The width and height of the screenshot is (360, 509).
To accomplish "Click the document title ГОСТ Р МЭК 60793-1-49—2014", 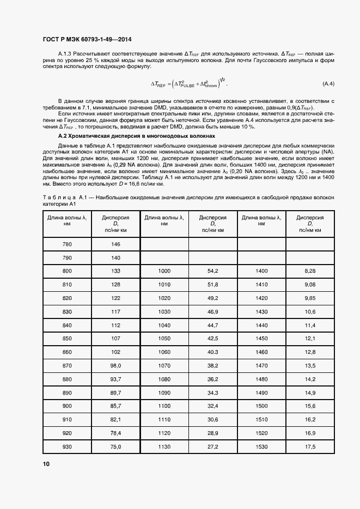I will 87,39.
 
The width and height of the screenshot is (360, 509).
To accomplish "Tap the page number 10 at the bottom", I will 46,464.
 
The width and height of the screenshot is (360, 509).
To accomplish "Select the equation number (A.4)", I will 328,83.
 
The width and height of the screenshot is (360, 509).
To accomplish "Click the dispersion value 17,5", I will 310,446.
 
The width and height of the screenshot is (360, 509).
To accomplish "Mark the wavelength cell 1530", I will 261,446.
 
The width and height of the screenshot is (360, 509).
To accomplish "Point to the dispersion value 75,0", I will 115,446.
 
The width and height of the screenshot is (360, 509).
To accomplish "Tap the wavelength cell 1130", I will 164,446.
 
